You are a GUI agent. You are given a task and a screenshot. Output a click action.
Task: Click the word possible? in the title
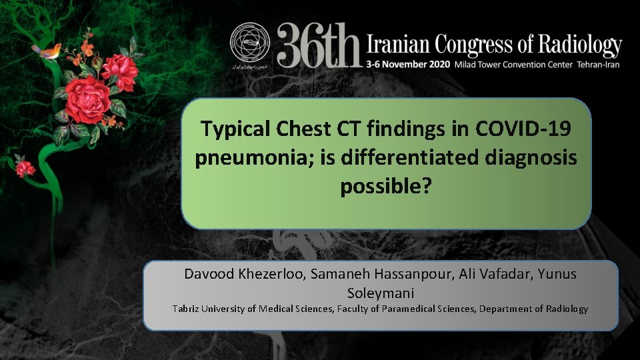386,187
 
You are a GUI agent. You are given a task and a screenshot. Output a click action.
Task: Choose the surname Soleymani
381,293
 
